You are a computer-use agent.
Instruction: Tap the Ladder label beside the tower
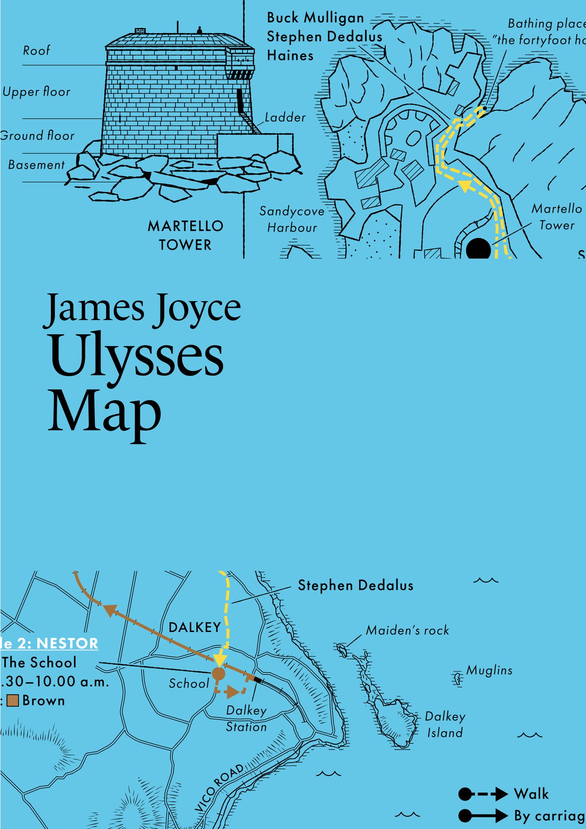pyautogui.click(x=285, y=118)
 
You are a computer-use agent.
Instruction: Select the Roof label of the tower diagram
pyautogui.click(x=37, y=51)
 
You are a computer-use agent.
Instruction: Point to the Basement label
pyautogui.click(x=37, y=165)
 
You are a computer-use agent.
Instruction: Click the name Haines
pyautogui.click(x=290, y=56)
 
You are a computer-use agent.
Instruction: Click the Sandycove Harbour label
pyautogui.click(x=292, y=219)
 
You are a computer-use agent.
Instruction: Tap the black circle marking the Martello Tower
pyautogui.click(x=478, y=249)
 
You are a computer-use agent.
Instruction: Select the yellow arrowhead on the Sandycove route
pyautogui.click(x=466, y=186)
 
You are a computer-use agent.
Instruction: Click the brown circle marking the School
pyautogui.click(x=218, y=674)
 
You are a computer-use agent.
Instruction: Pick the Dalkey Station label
pyautogui.click(x=246, y=718)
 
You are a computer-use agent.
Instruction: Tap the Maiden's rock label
pyautogui.click(x=407, y=630)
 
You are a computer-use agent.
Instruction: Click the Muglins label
pyautogui.click(x=489, y=670)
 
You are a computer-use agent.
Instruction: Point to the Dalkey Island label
pyautogui.click(x=445, y=724)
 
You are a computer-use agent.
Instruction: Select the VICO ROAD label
pyautogui.click(x=219, y=788)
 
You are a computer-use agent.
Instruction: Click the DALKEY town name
pyautogui.click(x=195, y=628)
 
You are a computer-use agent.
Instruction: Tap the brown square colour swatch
pyautogui.click(x=13, y=701)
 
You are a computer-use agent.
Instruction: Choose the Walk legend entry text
pyautogui.click(x=531, y=794)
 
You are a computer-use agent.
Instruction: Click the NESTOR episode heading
pyautogui.click(x=67, y=643)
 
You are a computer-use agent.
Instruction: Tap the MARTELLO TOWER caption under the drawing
pyautogui.click(x=185, y=235)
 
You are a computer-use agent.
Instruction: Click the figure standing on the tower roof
pyautogui.click(x=199, y=30)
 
